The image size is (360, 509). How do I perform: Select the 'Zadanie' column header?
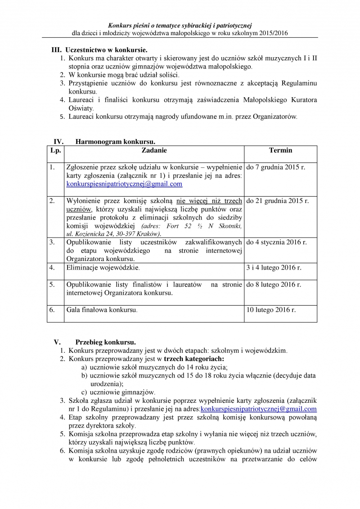coord(154,150)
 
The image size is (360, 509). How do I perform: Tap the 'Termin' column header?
coord(280,150)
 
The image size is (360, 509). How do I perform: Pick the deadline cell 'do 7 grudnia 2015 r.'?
coord(276,167)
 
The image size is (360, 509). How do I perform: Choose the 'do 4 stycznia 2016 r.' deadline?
coord(276,243)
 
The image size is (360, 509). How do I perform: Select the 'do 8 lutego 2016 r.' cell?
coord(274,284)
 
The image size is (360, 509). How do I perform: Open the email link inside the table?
coord(124,184)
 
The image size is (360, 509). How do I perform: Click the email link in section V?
coord(258,409)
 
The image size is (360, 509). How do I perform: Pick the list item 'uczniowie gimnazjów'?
coord(122,392)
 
